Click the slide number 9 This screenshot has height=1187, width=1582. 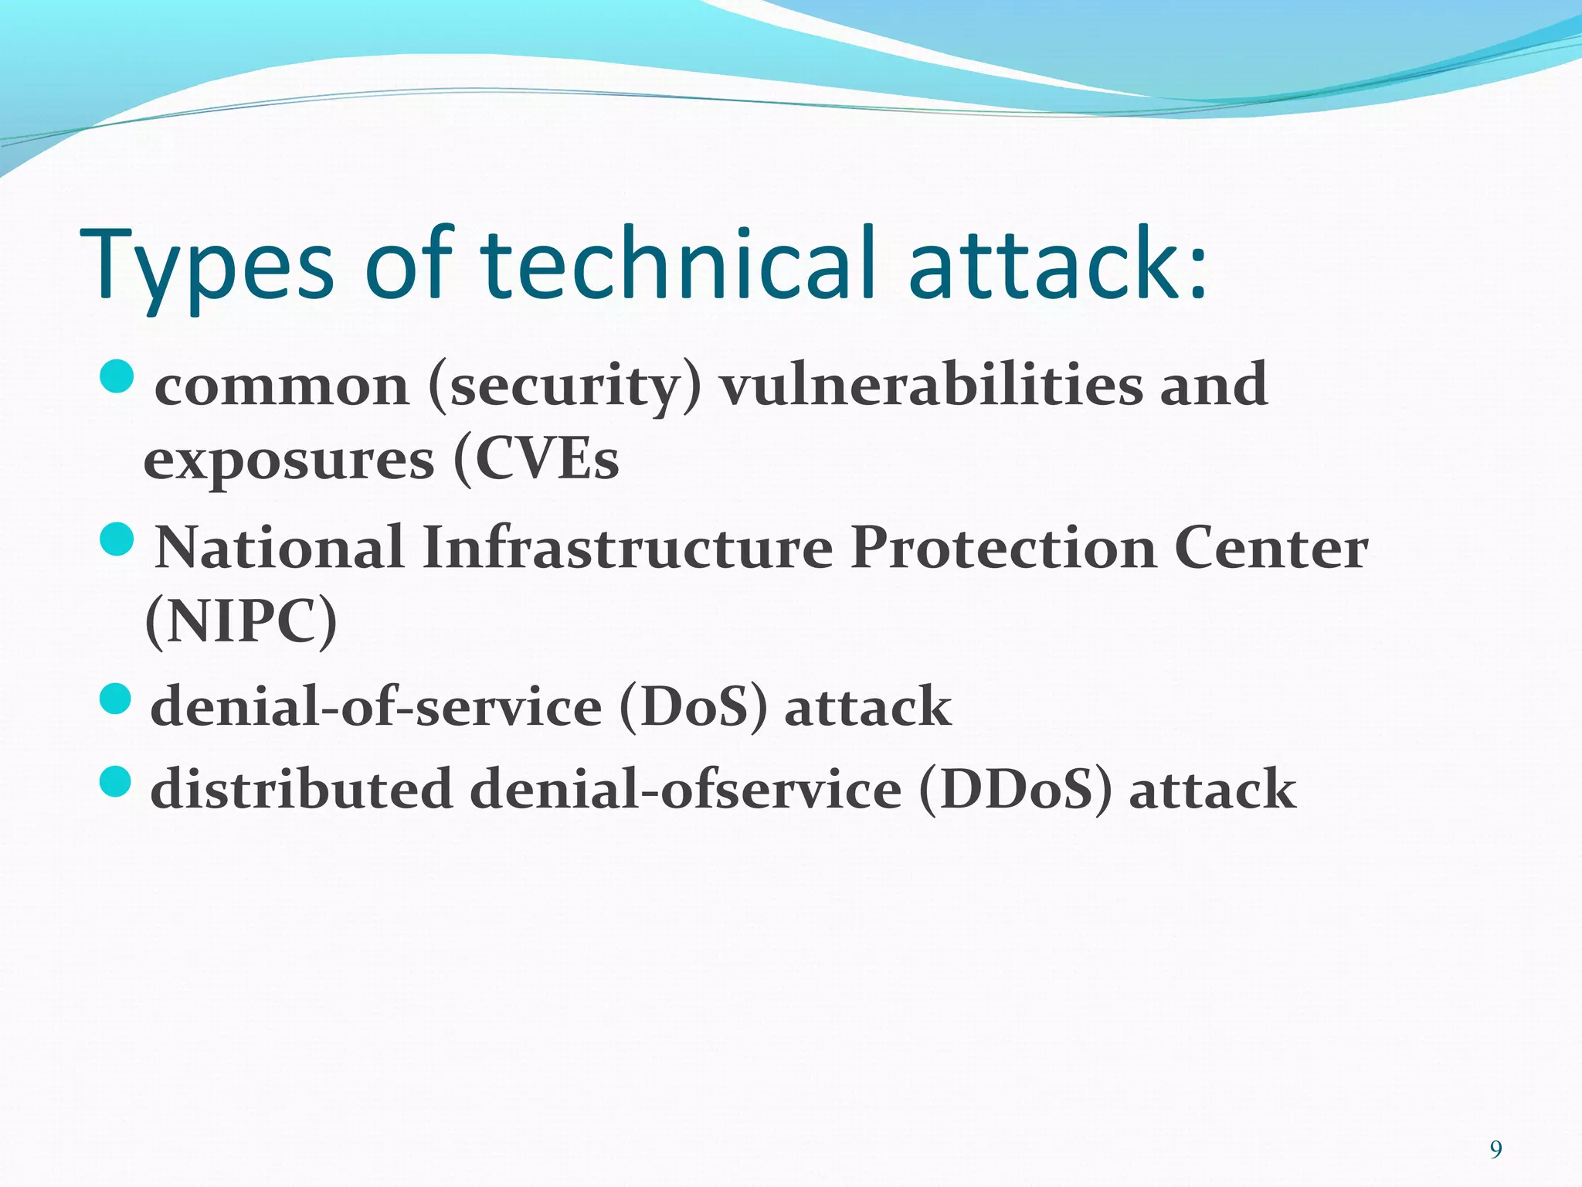coord(1495,1150)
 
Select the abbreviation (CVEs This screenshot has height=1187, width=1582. coord(537,460)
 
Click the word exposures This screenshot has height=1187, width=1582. coord(289,461)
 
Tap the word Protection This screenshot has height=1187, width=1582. coord(1003,548)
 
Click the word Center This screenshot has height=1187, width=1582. coord(1271,548)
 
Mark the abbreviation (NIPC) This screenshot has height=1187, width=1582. coord(241,621)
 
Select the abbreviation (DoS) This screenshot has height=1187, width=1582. coord(694,706)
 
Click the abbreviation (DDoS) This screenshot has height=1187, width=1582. coord(1015,789)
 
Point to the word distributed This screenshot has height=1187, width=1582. coord(301,789)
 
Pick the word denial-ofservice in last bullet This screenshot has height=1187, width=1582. coord(685,789)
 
